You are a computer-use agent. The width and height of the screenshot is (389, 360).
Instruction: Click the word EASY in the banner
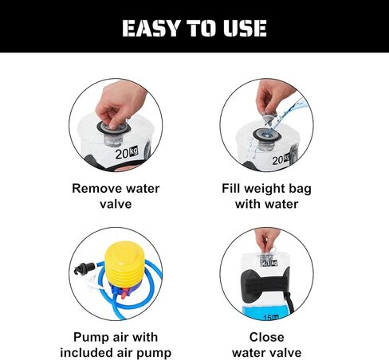(x=151, y=28)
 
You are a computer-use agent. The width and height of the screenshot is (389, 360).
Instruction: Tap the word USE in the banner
(x=245, y=28)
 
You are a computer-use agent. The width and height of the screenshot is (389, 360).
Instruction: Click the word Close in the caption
(x=266, y=337)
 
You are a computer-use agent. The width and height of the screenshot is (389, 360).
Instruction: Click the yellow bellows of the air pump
(x=125, y=264)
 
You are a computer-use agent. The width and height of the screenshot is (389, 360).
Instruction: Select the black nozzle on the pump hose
(x=84, y=268)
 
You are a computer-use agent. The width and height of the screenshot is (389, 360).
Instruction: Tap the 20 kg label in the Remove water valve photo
(x=127, y=153)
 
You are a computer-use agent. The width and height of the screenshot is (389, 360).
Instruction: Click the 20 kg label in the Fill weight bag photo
(x=281, y=159)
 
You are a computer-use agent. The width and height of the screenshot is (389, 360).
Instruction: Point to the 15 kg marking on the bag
(x=271, y=318)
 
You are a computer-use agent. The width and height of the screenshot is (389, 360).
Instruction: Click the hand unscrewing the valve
(x=121, y=104)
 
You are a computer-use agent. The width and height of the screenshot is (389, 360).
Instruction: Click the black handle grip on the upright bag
(x=265, y=284)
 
